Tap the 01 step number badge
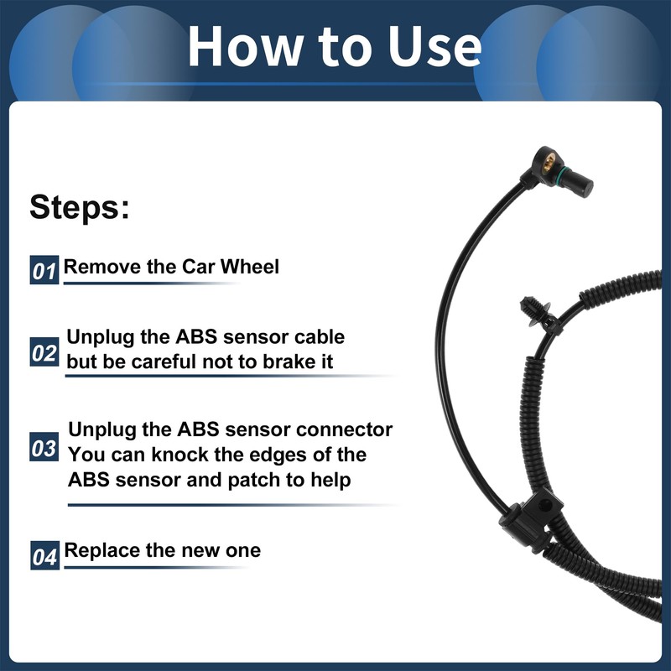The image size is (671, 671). (x=44, y=271)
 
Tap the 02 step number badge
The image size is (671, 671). (x=44, y=353)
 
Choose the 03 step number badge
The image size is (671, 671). (x=44, y=448)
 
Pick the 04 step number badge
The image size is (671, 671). (x=44, y=555)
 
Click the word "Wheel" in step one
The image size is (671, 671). (x=250, y=267)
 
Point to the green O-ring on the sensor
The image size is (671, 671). (x=564, y=174)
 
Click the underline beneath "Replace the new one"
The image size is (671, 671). (x=155, y=568)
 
